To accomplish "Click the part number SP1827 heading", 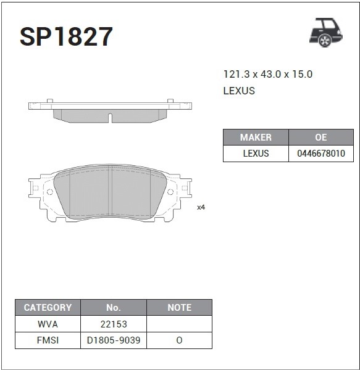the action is (x=66, y=36).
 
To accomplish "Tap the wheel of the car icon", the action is (x=325, y=41).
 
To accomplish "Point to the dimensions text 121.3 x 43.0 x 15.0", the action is (x=268, y=75).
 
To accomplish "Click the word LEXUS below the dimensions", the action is (x=239, y=91).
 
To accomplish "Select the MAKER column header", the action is (x=256, y=138).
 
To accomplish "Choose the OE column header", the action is (x=321, y=138).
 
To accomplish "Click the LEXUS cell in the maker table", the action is (x=256, y=154).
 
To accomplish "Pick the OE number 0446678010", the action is (x=321, y=154).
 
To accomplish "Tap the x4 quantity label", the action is (x=201, y=207).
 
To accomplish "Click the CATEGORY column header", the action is (x=48, y=308).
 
